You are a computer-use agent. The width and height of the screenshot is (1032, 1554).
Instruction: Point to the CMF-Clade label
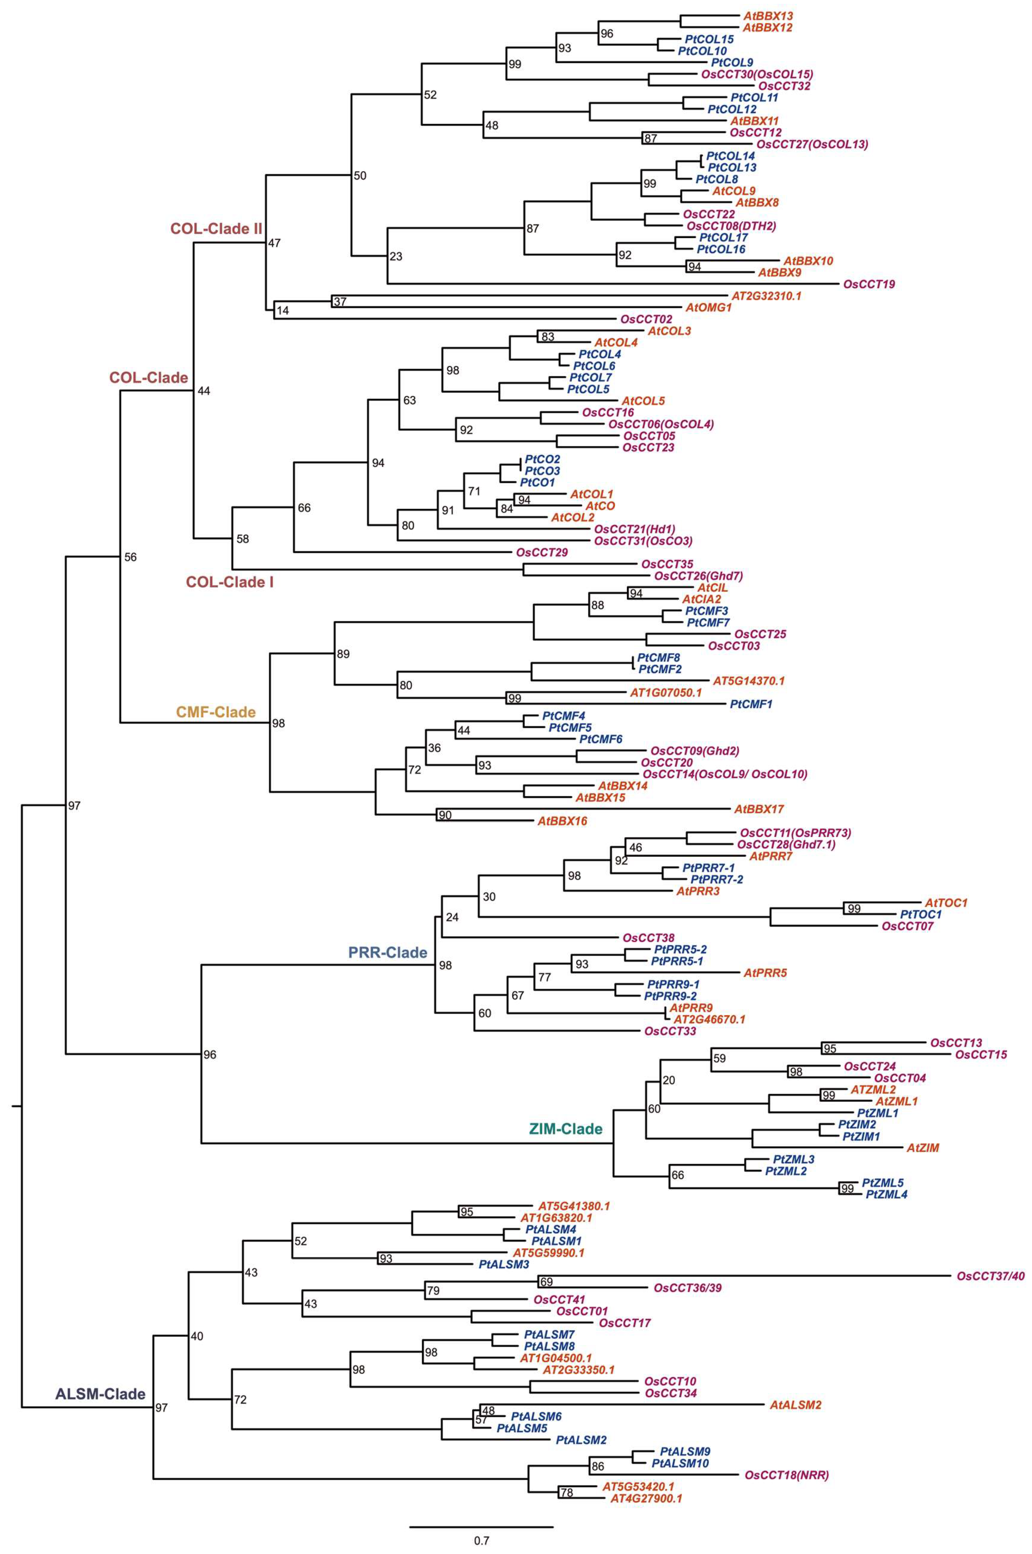pyautogui.click(x=216, y=712)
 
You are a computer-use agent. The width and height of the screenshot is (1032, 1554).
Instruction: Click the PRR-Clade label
pyautogui.click(x=388, y=952)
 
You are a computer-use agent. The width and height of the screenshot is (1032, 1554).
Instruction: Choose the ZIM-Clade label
pyautogui.click(x=566, y=1130)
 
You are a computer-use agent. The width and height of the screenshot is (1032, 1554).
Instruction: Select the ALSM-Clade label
pyautogui.click(x=100, y=1394)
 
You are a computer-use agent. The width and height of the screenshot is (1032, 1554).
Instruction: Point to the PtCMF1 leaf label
pyautogui.click(x=751, y=704)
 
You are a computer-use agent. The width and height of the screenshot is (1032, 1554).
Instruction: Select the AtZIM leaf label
pyautogui.click(x=923, y=1148)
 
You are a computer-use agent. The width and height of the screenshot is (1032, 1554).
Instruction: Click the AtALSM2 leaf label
pyautogui.click(x=796, y=1405)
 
